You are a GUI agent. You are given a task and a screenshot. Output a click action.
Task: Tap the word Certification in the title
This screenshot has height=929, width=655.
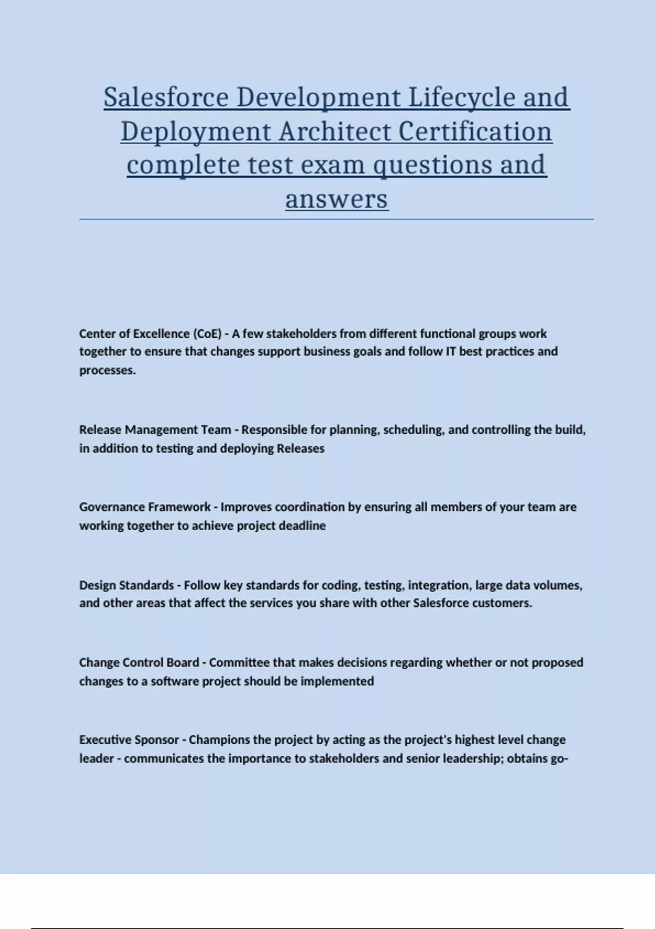[x=475, y=132]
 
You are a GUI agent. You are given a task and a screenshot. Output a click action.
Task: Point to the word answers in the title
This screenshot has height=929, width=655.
[x=336, y=199]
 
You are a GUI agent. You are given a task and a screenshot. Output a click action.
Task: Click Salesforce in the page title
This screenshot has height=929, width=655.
[x=166, y=98]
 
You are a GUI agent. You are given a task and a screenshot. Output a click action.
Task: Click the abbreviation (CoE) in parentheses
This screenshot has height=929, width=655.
[x=207, y=334]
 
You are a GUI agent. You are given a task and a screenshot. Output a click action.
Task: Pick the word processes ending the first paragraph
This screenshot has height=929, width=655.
[x=107, y=371]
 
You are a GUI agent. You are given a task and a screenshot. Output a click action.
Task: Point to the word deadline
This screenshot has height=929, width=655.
[x=302, y=526]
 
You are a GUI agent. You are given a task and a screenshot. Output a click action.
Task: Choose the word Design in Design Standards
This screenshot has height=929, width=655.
[x=98, y=585]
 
